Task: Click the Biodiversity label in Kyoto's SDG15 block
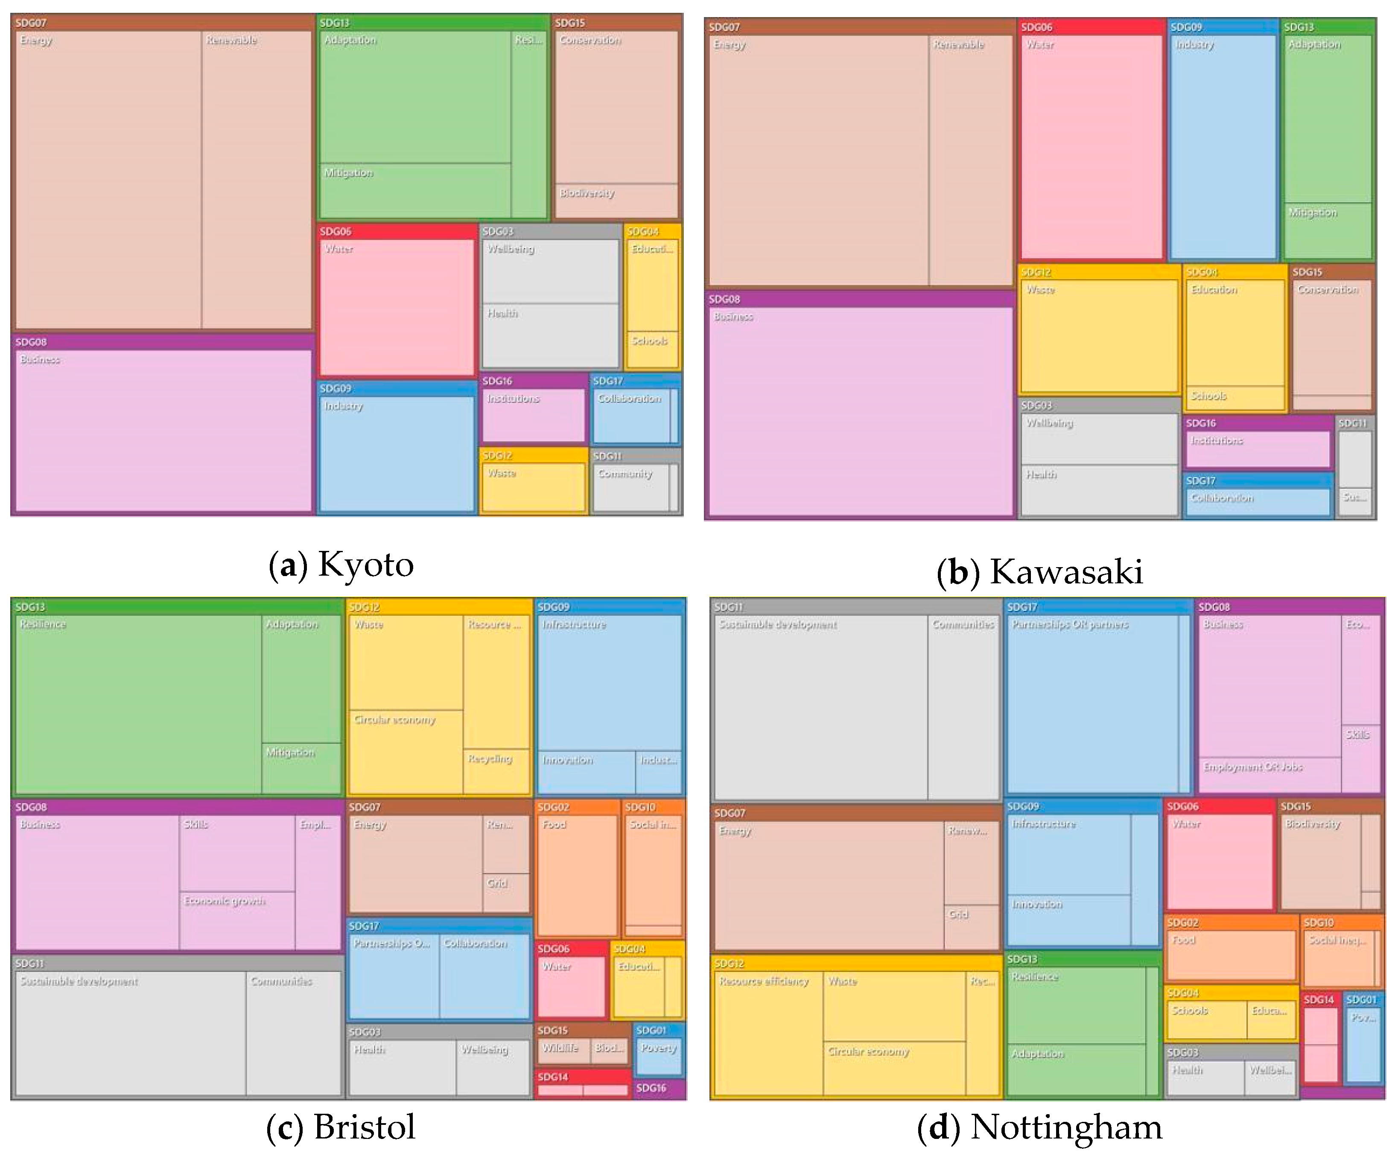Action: (x=587, y=193)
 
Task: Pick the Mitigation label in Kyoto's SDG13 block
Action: (x=348, y=173)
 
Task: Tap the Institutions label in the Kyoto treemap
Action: (x=513, y=399)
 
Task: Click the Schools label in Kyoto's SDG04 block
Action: (x=649, y=341)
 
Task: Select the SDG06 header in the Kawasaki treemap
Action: (x=1036, y=27)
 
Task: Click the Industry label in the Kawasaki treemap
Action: (x=1194, y=44)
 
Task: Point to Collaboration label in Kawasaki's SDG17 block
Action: (x=1222, y=498)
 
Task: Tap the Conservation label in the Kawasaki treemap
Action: (x=1328, y=289)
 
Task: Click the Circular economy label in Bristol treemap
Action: (x=395, y=719)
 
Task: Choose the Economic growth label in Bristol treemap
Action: (x=225, y=900)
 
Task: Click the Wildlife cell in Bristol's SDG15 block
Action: (x=560, y=1048)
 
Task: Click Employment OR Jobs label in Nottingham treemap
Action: (x=1252, y=767)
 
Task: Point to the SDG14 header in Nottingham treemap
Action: (x=1318, y=999)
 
